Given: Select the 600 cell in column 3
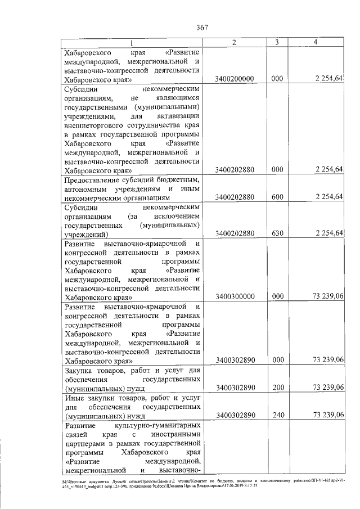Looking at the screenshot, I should tap(276, 197).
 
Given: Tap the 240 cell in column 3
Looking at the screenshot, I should tap(276, 415).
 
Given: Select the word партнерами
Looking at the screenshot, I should tap(84, 444).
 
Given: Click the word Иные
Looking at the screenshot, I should tap(74, 398).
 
